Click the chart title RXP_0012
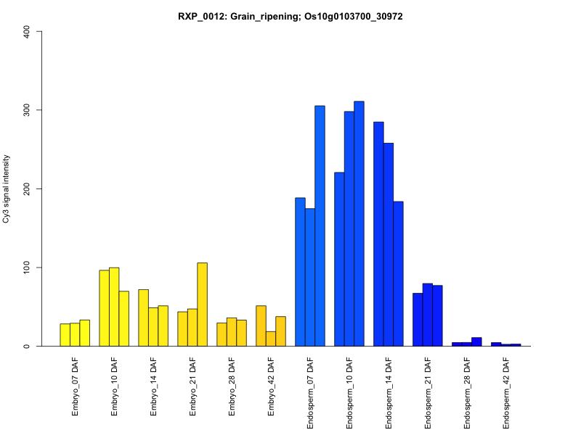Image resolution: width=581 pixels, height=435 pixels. click(x=290, y=16)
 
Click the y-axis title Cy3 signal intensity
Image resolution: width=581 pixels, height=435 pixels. click(x=7, y=188)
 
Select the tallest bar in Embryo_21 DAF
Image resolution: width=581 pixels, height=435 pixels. click(x=202, y=304)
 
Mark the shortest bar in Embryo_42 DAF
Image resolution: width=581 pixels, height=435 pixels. click(x=271, y=339)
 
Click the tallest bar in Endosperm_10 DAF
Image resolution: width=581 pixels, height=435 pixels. click(x=359, y=224)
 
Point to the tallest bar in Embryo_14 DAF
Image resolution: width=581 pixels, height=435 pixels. click(x=143, y=318)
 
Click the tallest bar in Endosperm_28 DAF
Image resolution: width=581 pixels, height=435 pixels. click(x=476, y=341)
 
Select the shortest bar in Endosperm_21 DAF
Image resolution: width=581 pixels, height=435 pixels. click(x=418, y=320)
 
